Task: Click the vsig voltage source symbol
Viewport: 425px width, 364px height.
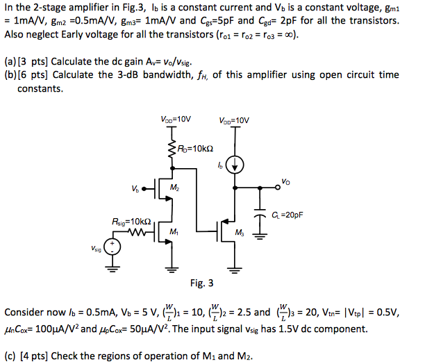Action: [x=112, y=247]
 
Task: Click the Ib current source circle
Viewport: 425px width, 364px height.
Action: [x=235, y=165]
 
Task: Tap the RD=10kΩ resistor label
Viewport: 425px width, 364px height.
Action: [x=195, y=149]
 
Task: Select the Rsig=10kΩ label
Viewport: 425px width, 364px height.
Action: [x=131, y=222]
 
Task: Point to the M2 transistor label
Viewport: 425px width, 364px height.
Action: [x=174, y=188]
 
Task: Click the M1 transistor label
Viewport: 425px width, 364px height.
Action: [x=174, y=232]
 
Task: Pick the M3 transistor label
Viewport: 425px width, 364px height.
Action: [x=240, y=233]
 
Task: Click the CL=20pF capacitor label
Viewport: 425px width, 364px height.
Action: [x=287, y=215]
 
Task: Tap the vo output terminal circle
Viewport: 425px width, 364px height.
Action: [x=277, y=188]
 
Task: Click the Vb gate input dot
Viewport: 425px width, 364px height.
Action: [x=144, y=189]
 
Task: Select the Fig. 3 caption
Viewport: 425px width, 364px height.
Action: [x=201, y=283]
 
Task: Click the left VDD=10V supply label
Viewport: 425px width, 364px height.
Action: [x=176, y=119]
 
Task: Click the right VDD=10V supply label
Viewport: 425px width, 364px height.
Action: [x=234, y=120]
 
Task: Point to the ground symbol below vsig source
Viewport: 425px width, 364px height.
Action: [x=112, y=268]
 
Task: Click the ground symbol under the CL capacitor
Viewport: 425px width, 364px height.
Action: [x=260, y=236]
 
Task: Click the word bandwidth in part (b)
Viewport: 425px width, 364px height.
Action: [x=167, y=74]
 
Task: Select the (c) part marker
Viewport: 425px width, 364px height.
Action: [x=10, y=356]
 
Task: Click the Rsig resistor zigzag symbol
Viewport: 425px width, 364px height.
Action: [x=137, y=232]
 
